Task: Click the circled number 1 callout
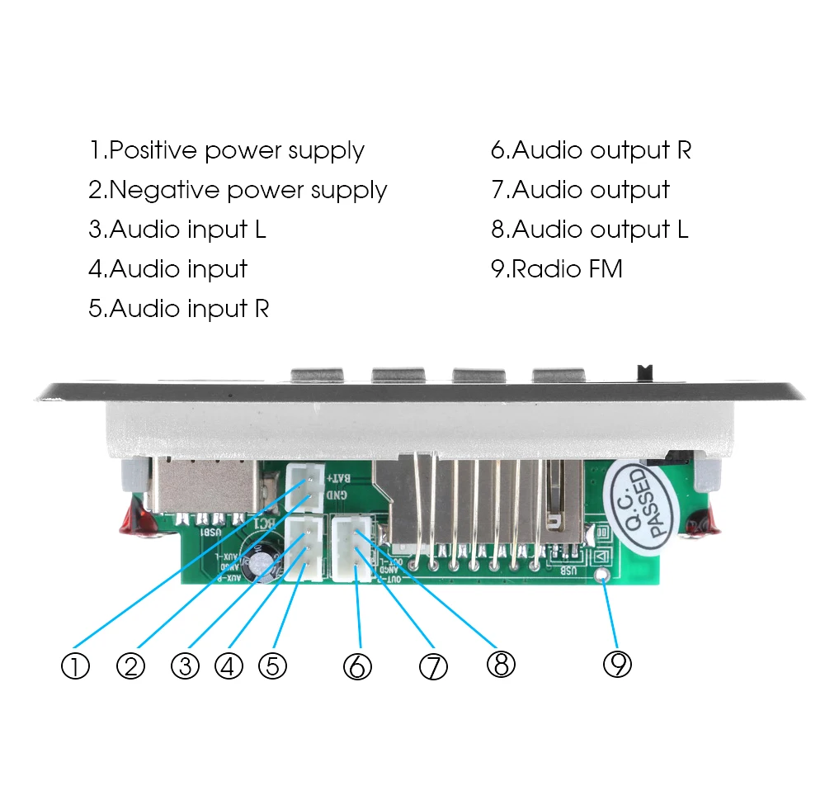tap(75, 666)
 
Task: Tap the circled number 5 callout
tap(272, 666)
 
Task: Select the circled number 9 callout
tap(617, 662)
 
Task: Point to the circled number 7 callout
tap(433, 666)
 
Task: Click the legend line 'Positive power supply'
tap(227, 151)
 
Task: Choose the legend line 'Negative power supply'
tap(238, 191)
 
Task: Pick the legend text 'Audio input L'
tap(177, 230)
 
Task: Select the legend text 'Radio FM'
tap(557, 269)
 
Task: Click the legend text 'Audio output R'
tap(591, 151)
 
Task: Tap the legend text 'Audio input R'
tap(178, 309)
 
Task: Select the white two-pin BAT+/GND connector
tap(304, 489)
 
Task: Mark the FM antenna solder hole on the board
tap(605, 576)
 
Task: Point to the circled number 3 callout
tap(185, 666)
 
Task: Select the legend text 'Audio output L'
tap(589, 230)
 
